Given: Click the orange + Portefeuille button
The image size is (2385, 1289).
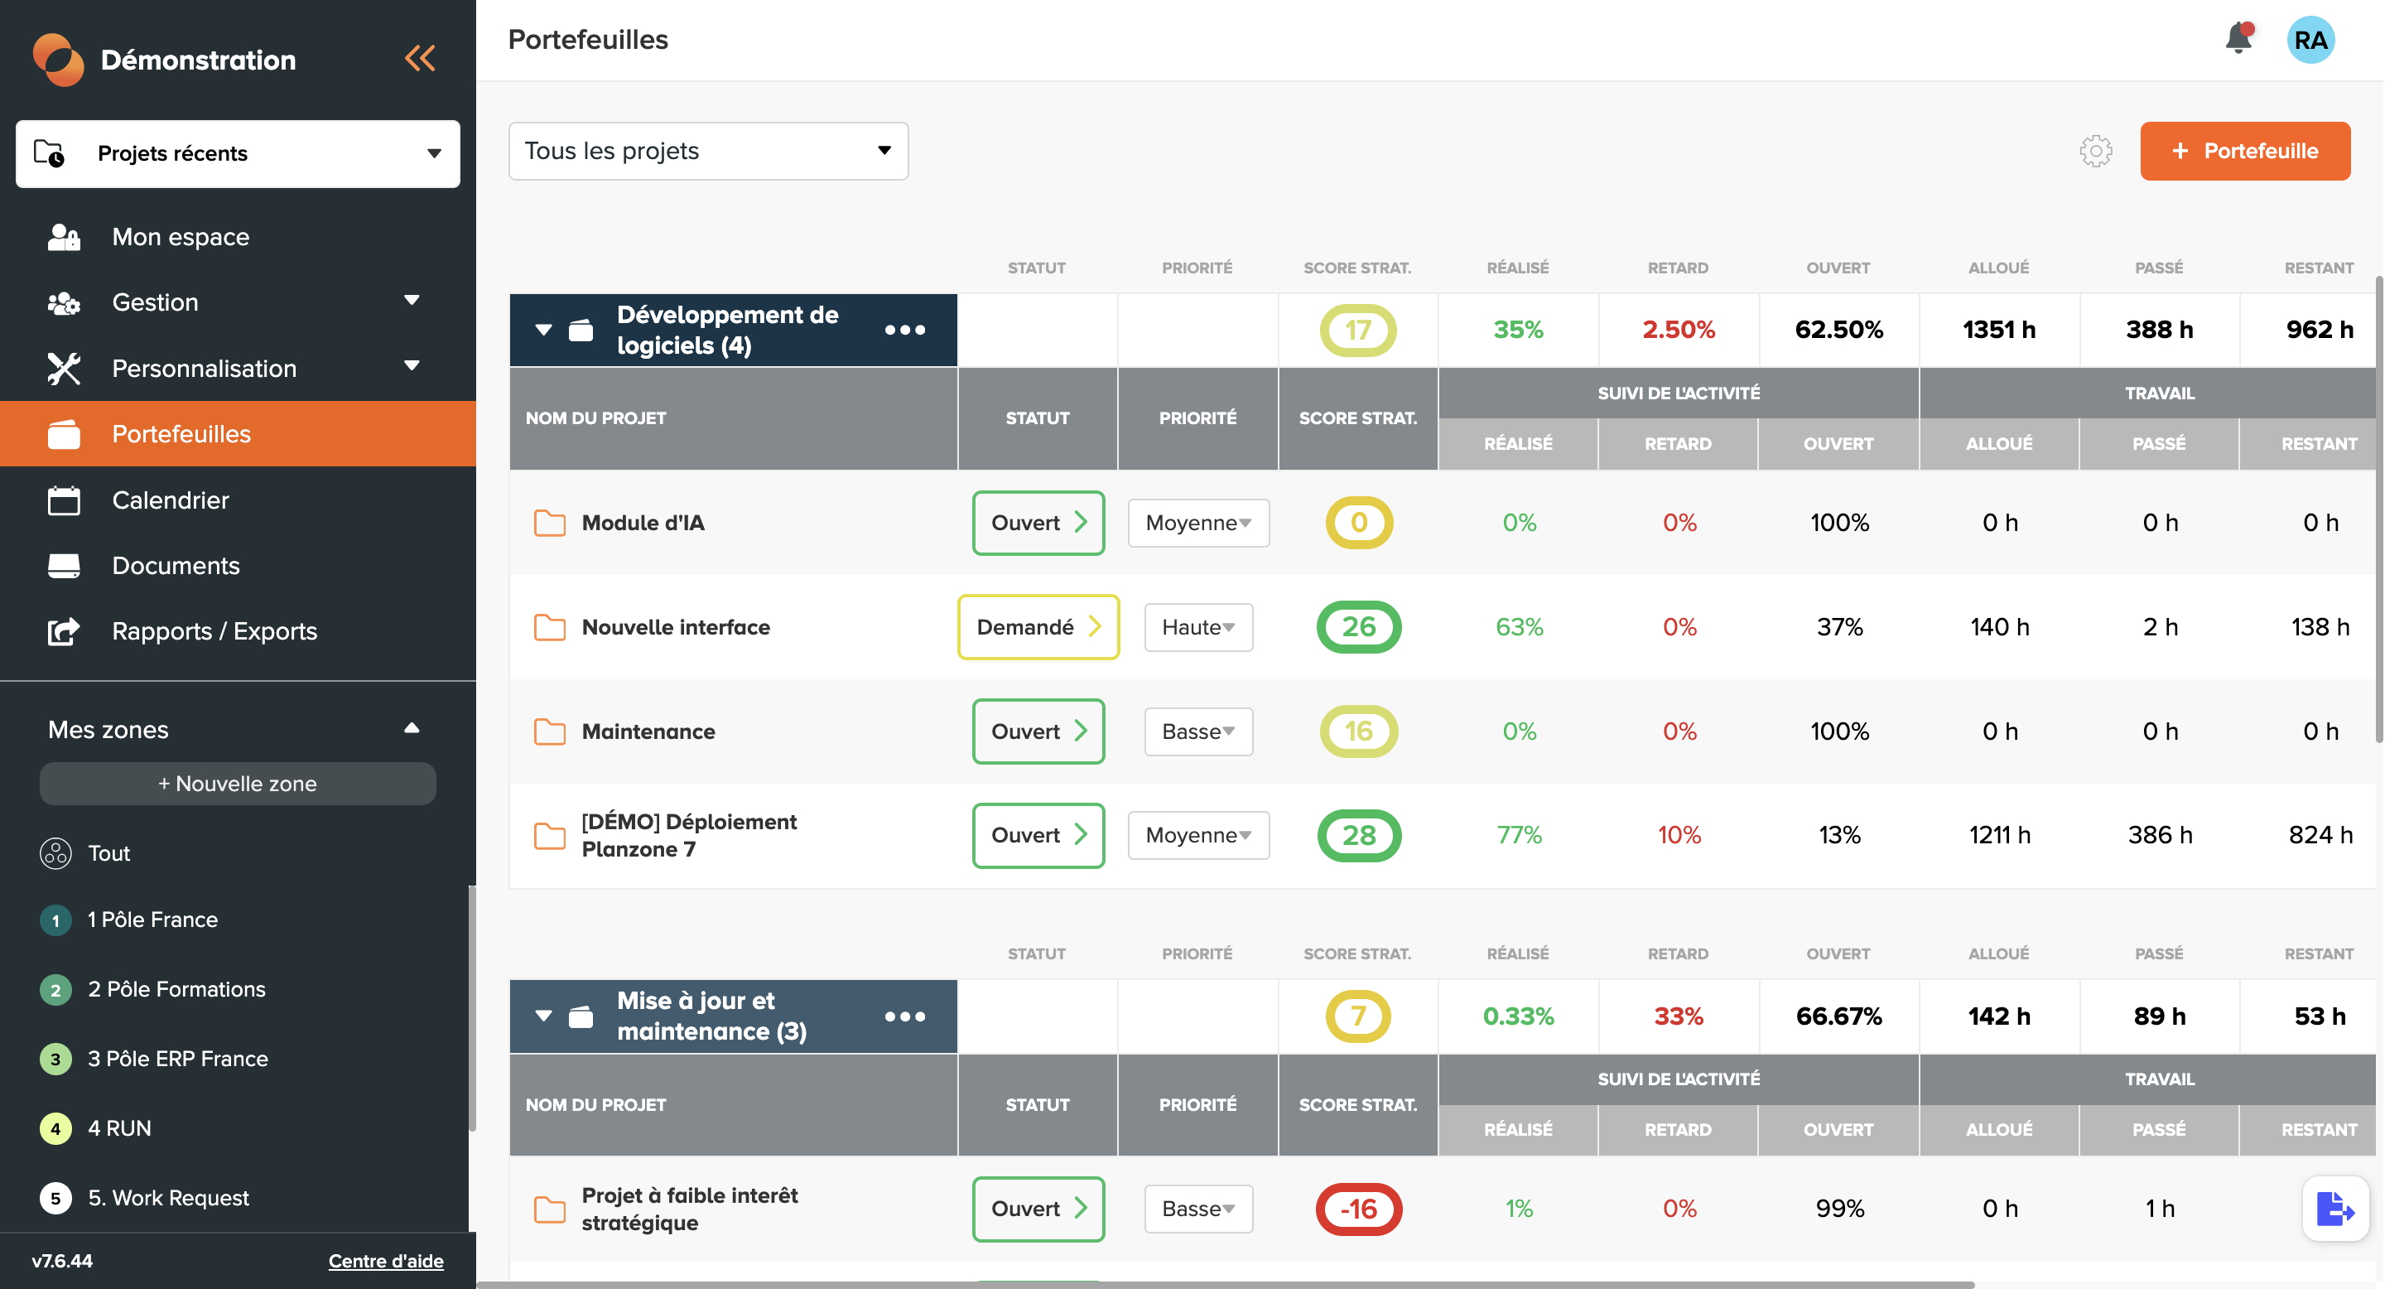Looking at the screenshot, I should pos(2243,151).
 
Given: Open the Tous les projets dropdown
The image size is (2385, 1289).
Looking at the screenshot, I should pos(707,151).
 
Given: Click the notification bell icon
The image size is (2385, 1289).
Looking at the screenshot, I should pos(2238,39).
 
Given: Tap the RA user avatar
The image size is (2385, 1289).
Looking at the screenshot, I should pos(2309,40).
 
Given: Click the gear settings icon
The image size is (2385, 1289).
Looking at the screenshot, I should pos(2095,151).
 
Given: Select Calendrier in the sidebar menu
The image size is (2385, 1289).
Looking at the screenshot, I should pos(171,500).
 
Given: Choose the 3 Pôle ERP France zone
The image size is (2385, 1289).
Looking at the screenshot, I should pos(177,1059).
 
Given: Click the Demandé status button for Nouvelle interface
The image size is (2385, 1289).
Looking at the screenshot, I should pos(1037,627).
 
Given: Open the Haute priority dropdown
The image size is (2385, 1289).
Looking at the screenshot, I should pos(1197,627).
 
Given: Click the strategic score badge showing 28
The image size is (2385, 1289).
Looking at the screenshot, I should pos(1357,835).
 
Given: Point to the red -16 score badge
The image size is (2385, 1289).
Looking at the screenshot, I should pos(1357,1209).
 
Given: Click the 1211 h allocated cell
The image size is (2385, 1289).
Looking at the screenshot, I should pos(1998,835).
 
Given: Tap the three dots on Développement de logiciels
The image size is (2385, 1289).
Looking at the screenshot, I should pos(903,331).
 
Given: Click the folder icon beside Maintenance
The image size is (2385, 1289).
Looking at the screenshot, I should pos(549,731).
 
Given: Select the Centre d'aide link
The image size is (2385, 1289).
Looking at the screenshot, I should pos(385,1260).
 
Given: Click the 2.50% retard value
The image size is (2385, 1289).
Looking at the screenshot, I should pos(1677,330).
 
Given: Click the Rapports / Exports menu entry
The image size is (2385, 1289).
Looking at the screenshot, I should pos(214,631).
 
